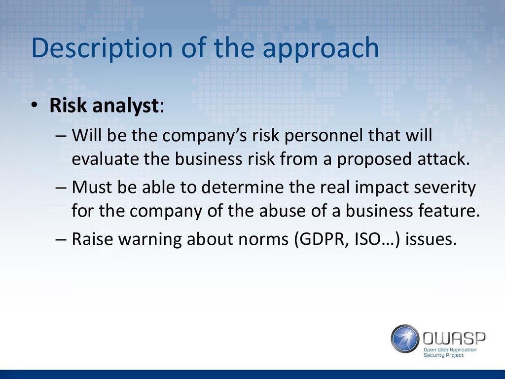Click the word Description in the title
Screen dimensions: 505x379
[x=102, y=48]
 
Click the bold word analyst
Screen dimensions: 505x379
[x=126, y=106]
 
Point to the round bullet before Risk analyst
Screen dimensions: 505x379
[x=35, y=105]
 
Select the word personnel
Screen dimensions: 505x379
[x=324, y=135]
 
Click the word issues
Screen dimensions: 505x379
[x=431, y=239]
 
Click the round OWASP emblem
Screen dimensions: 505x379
[x=405, y=339]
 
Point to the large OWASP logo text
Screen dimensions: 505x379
[x=454, y=339]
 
